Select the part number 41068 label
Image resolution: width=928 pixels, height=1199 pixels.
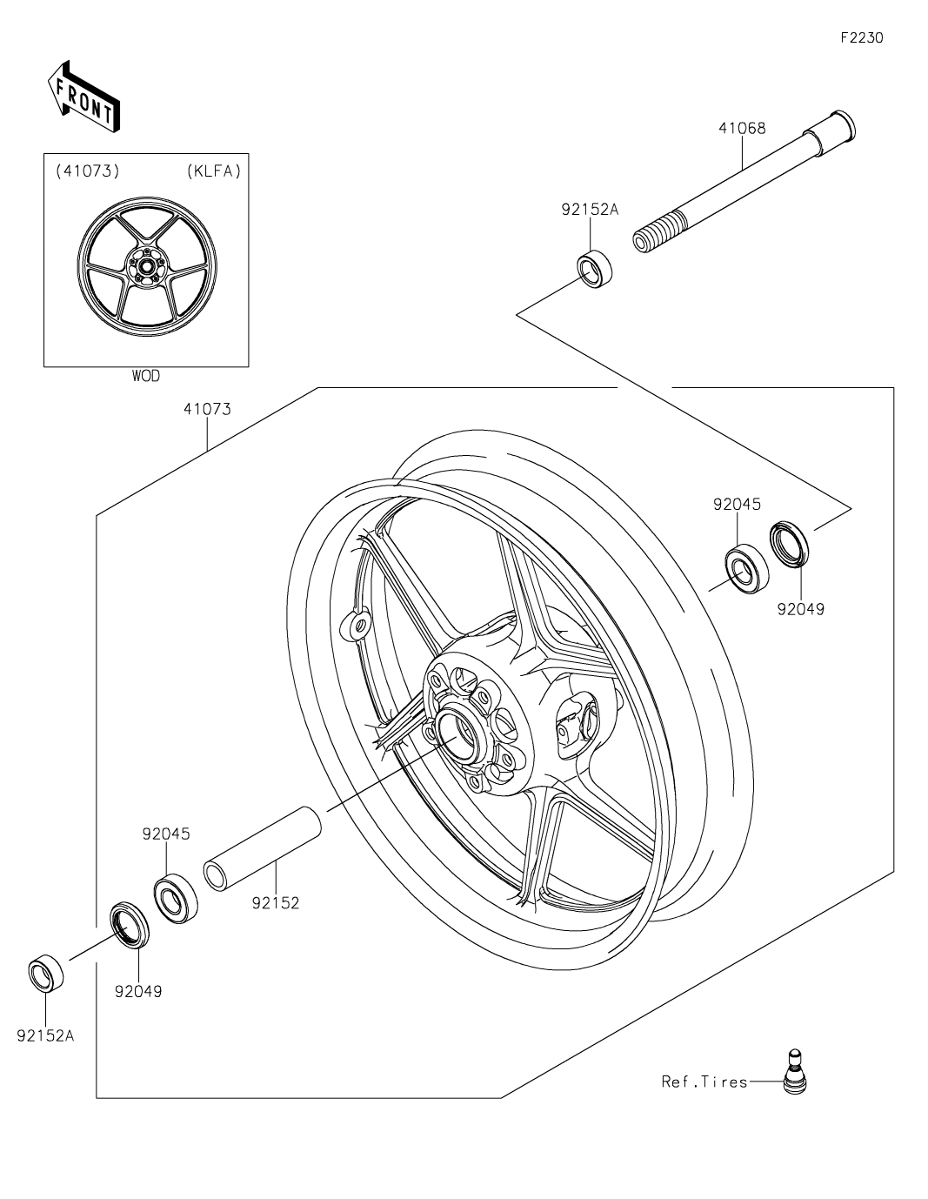pos(742,128)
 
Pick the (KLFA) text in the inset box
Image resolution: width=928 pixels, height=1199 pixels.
pos(213,171)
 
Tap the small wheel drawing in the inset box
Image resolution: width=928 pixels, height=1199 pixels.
pos(145,265)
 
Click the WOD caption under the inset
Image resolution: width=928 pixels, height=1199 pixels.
pos(146,376)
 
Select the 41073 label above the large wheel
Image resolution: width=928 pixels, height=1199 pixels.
pos(207,408)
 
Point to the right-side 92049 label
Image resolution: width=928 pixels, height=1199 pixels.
pos(801,609)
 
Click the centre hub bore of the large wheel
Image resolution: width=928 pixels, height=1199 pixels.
pos(457,731)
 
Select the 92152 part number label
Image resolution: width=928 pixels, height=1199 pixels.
pos(276,903)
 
